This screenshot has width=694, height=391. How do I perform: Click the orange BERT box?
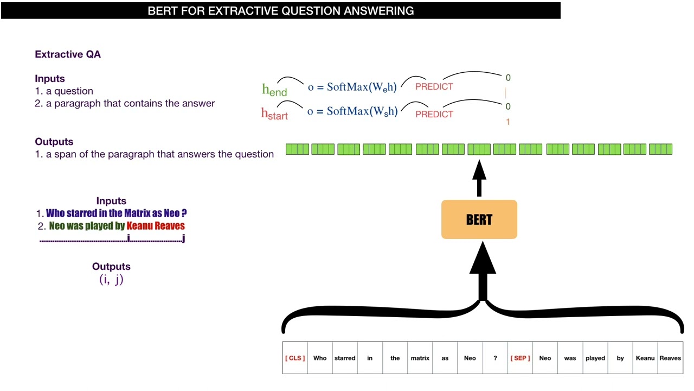coord(479,219)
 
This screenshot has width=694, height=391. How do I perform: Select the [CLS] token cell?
coord(295,358)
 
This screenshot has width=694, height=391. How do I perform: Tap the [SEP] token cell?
coord(520,358)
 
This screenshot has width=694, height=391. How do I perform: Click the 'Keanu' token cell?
coord(645,358)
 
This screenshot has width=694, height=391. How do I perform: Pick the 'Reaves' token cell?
coord(670,358)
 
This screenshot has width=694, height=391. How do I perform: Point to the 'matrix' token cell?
coord(420,358)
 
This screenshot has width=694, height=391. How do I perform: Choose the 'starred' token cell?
coord(345,358)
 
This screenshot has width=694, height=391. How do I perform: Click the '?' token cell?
coord(495,358)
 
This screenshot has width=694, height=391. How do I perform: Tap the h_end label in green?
coord(274,90)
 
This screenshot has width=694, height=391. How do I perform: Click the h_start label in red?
coord(274,113)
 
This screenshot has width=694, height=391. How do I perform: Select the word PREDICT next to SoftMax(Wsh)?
coord(434,114)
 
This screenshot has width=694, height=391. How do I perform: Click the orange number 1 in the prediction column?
coord(508,122)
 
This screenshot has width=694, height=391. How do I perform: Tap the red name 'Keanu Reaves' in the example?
coord(156,226)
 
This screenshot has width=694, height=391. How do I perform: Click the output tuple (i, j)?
coord(111,280)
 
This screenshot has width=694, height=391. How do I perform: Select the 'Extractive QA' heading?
coord(68,54)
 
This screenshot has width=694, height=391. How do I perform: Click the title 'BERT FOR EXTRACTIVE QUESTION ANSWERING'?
coord(280,11)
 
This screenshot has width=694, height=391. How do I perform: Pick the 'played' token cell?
coord(595,358)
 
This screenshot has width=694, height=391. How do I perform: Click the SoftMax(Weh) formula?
coord(352,87)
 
